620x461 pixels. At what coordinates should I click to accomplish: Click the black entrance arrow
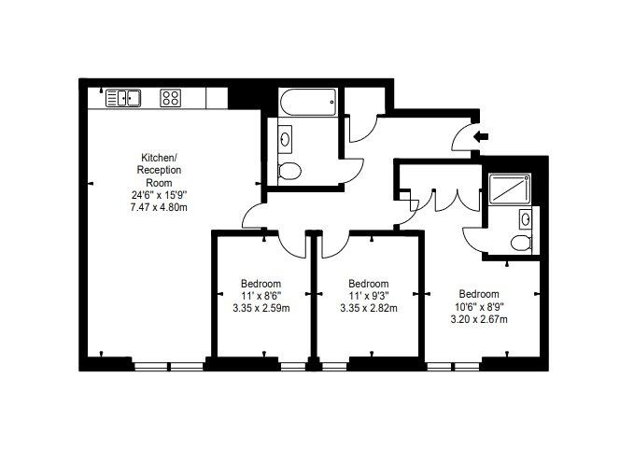(481, 137)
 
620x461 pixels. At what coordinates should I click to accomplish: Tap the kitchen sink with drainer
(123, 98)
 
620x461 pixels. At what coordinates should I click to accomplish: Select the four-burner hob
(171, 98)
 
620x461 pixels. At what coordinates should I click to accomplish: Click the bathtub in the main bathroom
(308, 102)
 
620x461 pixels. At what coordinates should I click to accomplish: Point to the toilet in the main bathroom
(289, 171)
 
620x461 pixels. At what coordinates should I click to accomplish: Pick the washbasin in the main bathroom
(285, 139)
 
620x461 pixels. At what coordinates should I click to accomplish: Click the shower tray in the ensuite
(509, 189)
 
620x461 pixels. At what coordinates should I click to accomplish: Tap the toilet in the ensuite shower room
(521, 243)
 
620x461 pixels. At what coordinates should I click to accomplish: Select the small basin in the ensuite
(526, 219)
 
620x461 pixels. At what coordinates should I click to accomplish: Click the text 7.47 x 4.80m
(159, 207)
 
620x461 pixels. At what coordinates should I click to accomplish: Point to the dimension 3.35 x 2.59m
(261, 308)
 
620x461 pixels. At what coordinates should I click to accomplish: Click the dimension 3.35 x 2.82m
(369, 308)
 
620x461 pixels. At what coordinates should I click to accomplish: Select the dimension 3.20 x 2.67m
(479, 319)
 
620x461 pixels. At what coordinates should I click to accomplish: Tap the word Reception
(159, 170)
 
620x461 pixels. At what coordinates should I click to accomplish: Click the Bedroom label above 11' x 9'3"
(369, 284)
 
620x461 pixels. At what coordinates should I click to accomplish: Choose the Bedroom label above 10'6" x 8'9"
(479, 294)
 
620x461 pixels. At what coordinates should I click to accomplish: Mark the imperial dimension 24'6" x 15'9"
(159, 195)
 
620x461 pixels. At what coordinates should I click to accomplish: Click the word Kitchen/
(159, 158)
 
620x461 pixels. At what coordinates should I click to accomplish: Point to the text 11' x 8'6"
(261, 296)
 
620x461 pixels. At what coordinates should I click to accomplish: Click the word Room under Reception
(159, 183)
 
